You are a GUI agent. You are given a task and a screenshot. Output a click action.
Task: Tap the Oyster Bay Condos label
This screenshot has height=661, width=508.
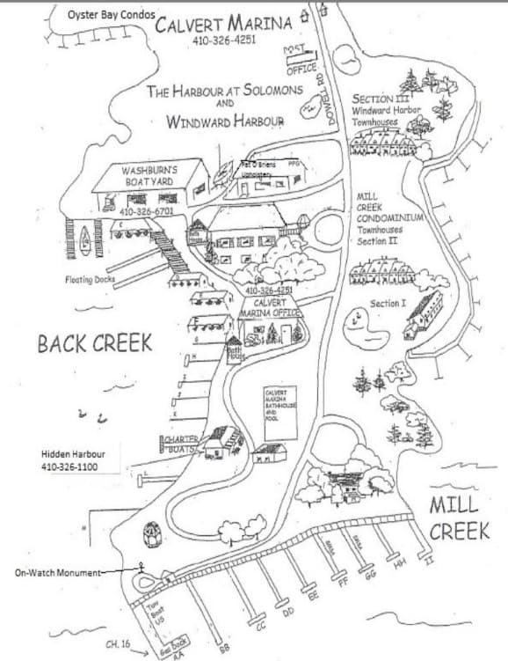(x=112, y=15)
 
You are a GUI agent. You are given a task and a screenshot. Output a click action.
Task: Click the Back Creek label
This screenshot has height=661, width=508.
(x=95, y=343)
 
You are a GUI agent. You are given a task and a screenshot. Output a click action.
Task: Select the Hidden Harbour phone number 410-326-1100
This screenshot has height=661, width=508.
(x=80, y=466)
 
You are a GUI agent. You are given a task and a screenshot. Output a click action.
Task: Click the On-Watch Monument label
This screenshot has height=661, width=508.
(x=59, y=572)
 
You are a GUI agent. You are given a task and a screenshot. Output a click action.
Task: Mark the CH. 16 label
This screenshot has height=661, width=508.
(x=118, y=645)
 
